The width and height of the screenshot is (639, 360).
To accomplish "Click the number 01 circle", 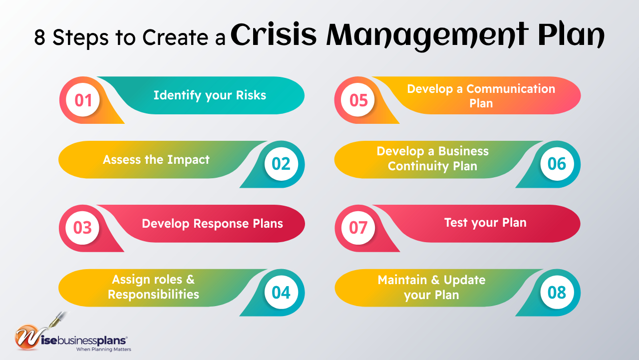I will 83,100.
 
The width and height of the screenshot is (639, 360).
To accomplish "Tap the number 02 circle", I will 281,164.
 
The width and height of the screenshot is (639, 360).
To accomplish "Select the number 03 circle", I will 83,228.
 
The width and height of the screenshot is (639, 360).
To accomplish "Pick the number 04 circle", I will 281,292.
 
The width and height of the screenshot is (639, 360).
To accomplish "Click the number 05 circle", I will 358,100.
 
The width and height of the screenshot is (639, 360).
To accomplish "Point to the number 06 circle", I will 557,164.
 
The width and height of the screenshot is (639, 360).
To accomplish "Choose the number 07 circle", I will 358,228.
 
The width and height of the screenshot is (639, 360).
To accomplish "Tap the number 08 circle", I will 557,292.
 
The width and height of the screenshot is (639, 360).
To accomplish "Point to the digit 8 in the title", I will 40,37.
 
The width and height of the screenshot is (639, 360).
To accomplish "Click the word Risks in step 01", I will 248,95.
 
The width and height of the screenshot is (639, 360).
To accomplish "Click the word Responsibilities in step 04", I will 153,295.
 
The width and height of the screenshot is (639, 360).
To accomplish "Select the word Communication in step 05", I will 511,89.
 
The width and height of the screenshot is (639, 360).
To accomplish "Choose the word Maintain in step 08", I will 402,280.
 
